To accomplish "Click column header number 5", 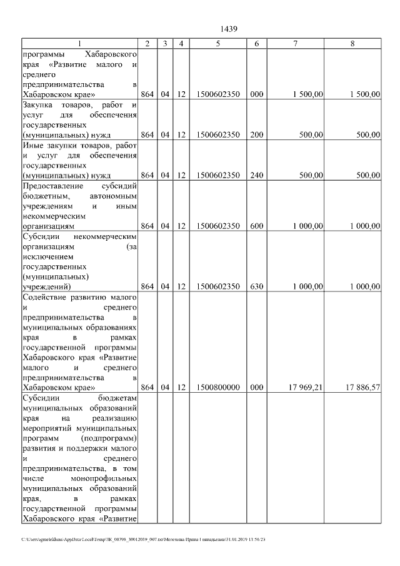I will (x=217, y=44).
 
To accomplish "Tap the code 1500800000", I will (x=217, y=388).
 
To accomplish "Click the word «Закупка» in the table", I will (x=39, y=105).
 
